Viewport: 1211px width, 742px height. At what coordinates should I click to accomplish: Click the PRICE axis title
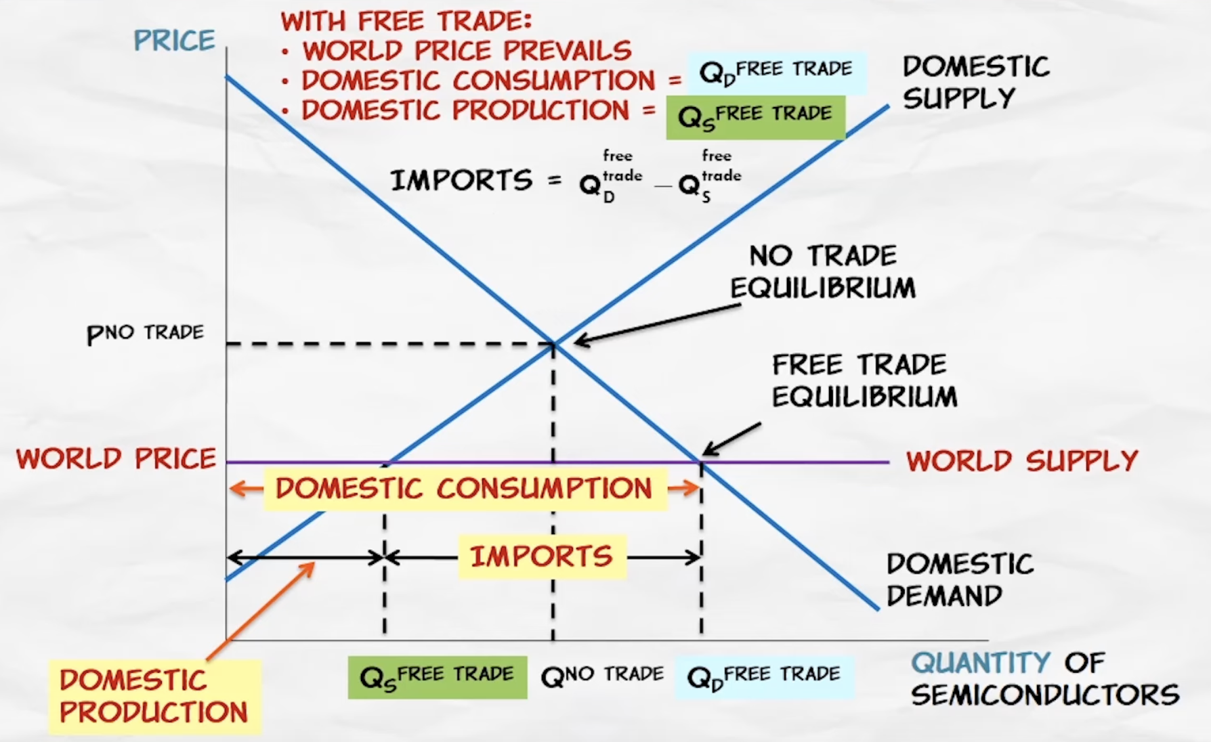[174, 41]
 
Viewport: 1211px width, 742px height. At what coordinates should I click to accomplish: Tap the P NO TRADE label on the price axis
[145, 333]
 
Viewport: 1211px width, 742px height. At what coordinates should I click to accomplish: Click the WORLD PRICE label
[116, 459]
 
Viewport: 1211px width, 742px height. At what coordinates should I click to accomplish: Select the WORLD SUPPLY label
[1022, 461]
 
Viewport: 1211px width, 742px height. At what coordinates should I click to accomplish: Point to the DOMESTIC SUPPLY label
[975, 83]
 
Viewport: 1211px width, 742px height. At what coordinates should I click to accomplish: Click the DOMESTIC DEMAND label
[960, 580]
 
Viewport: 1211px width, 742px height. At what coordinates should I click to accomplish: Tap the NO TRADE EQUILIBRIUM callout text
[823, 272]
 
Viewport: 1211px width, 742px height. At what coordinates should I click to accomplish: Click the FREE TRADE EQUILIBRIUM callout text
[864, 380]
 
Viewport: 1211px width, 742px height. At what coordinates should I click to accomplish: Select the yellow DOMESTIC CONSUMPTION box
[465, 488]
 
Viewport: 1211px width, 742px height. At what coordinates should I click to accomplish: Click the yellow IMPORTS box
[542, 556]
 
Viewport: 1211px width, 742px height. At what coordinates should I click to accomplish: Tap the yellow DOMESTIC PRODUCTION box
[154, 697]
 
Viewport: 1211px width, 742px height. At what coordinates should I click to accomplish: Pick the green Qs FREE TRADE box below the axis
[437, 676]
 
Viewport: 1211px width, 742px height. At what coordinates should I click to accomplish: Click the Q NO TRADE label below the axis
[602, 675]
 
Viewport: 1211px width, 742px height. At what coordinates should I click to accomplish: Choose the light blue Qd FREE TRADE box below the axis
[764, 676]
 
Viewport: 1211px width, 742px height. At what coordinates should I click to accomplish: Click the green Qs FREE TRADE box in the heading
[755, 116]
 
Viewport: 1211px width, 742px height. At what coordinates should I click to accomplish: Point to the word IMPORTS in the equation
[462, 181]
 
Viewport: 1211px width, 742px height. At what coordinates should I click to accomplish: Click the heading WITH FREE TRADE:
[406, 21]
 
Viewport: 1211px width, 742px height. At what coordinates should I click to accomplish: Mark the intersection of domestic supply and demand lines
[554, 344]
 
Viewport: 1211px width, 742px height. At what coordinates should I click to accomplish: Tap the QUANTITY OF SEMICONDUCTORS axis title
[1044, 678]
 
